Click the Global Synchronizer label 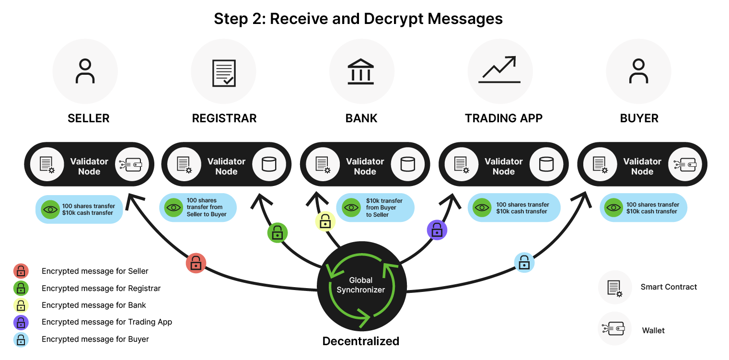coord(361,285)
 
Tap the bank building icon coord(361,71)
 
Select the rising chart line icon coord(499,70)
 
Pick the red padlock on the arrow coord(196,263)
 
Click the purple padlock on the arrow coord(437,231)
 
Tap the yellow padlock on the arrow coord(325,222)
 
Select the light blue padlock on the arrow coord(524,263)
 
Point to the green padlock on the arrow coord(277,233)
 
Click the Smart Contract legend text coord(669,287)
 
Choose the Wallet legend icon coord(615,328)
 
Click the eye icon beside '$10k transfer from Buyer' coord(351,208)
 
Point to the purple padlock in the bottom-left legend coord(21,323)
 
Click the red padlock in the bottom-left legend coord(21,271)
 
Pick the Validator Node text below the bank coord(365,166)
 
